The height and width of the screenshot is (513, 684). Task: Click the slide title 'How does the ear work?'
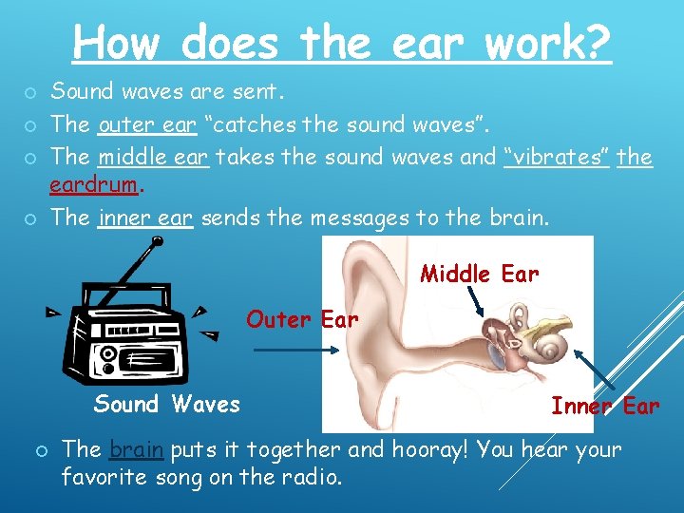pyautogui.click(x=342, y=43)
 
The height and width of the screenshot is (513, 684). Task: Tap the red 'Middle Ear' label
pyautogui.click(x=479, y=275)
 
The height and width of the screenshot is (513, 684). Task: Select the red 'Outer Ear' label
pyautogui.click(x=302, y=320)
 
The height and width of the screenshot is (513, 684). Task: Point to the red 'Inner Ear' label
pyautogui.click(x=605, y=407)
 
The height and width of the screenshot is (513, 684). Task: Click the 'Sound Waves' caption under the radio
pyautogui.click(x=166, y=405)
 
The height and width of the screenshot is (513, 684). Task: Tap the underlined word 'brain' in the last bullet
pyautogui.click(x=137, y=449)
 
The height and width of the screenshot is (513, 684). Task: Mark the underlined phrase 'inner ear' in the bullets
pyautogui.click(x=144, y=218)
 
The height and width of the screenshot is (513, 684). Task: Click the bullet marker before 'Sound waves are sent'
pyautogui.click(x=30, y=93)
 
